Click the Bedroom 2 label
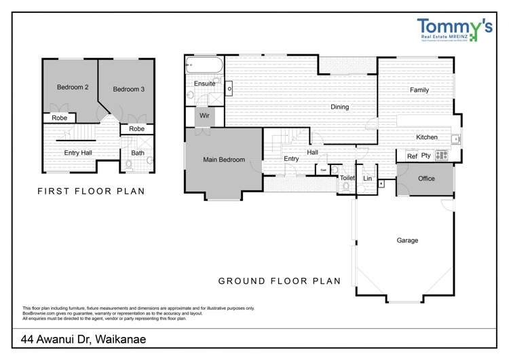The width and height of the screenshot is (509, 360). [73, 88]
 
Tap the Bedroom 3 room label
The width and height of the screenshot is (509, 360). [128, 89]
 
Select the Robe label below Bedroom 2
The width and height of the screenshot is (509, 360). [59, 118]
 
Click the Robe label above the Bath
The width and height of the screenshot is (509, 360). [136, 128]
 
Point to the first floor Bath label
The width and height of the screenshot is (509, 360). [138, 153]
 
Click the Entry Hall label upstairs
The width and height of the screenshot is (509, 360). [78, 153]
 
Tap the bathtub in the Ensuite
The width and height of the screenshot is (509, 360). [204, 67]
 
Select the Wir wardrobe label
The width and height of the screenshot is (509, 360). [204, 115]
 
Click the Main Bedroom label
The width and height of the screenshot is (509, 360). [224, 160]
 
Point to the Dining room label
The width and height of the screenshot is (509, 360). [339, 107]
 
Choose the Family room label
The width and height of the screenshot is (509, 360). [419, 90]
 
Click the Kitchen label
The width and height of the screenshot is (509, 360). [427, 137]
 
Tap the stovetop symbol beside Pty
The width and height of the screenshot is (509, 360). [441, 156]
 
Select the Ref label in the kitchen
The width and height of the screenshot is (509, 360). [411, 156]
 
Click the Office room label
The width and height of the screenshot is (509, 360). [426, 179]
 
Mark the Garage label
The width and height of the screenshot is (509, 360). [407, 240]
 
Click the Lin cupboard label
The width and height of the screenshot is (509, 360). [367, 178]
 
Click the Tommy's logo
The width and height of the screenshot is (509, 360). [455, 30]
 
